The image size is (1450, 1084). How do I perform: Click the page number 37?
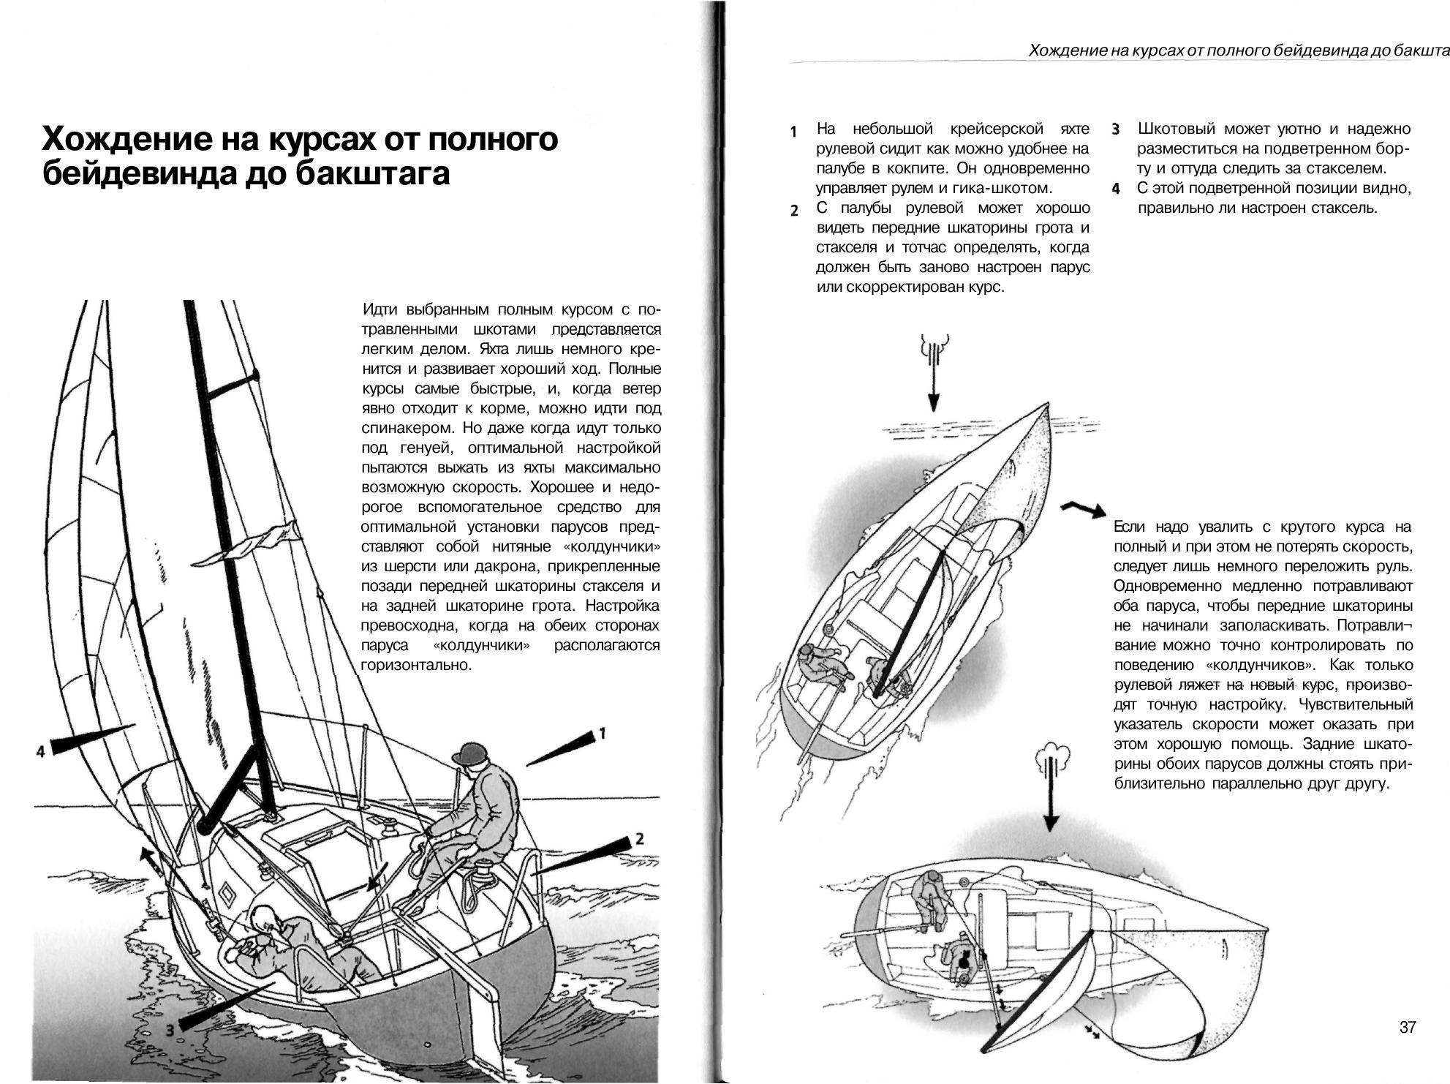coord(1407,1028)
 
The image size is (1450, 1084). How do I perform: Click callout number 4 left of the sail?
coord(41,750)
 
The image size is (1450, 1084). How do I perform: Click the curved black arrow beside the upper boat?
coord(1084,509)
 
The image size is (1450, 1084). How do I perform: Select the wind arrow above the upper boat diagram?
coord(934,373)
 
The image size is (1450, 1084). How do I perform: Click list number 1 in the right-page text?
coord(793,132)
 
